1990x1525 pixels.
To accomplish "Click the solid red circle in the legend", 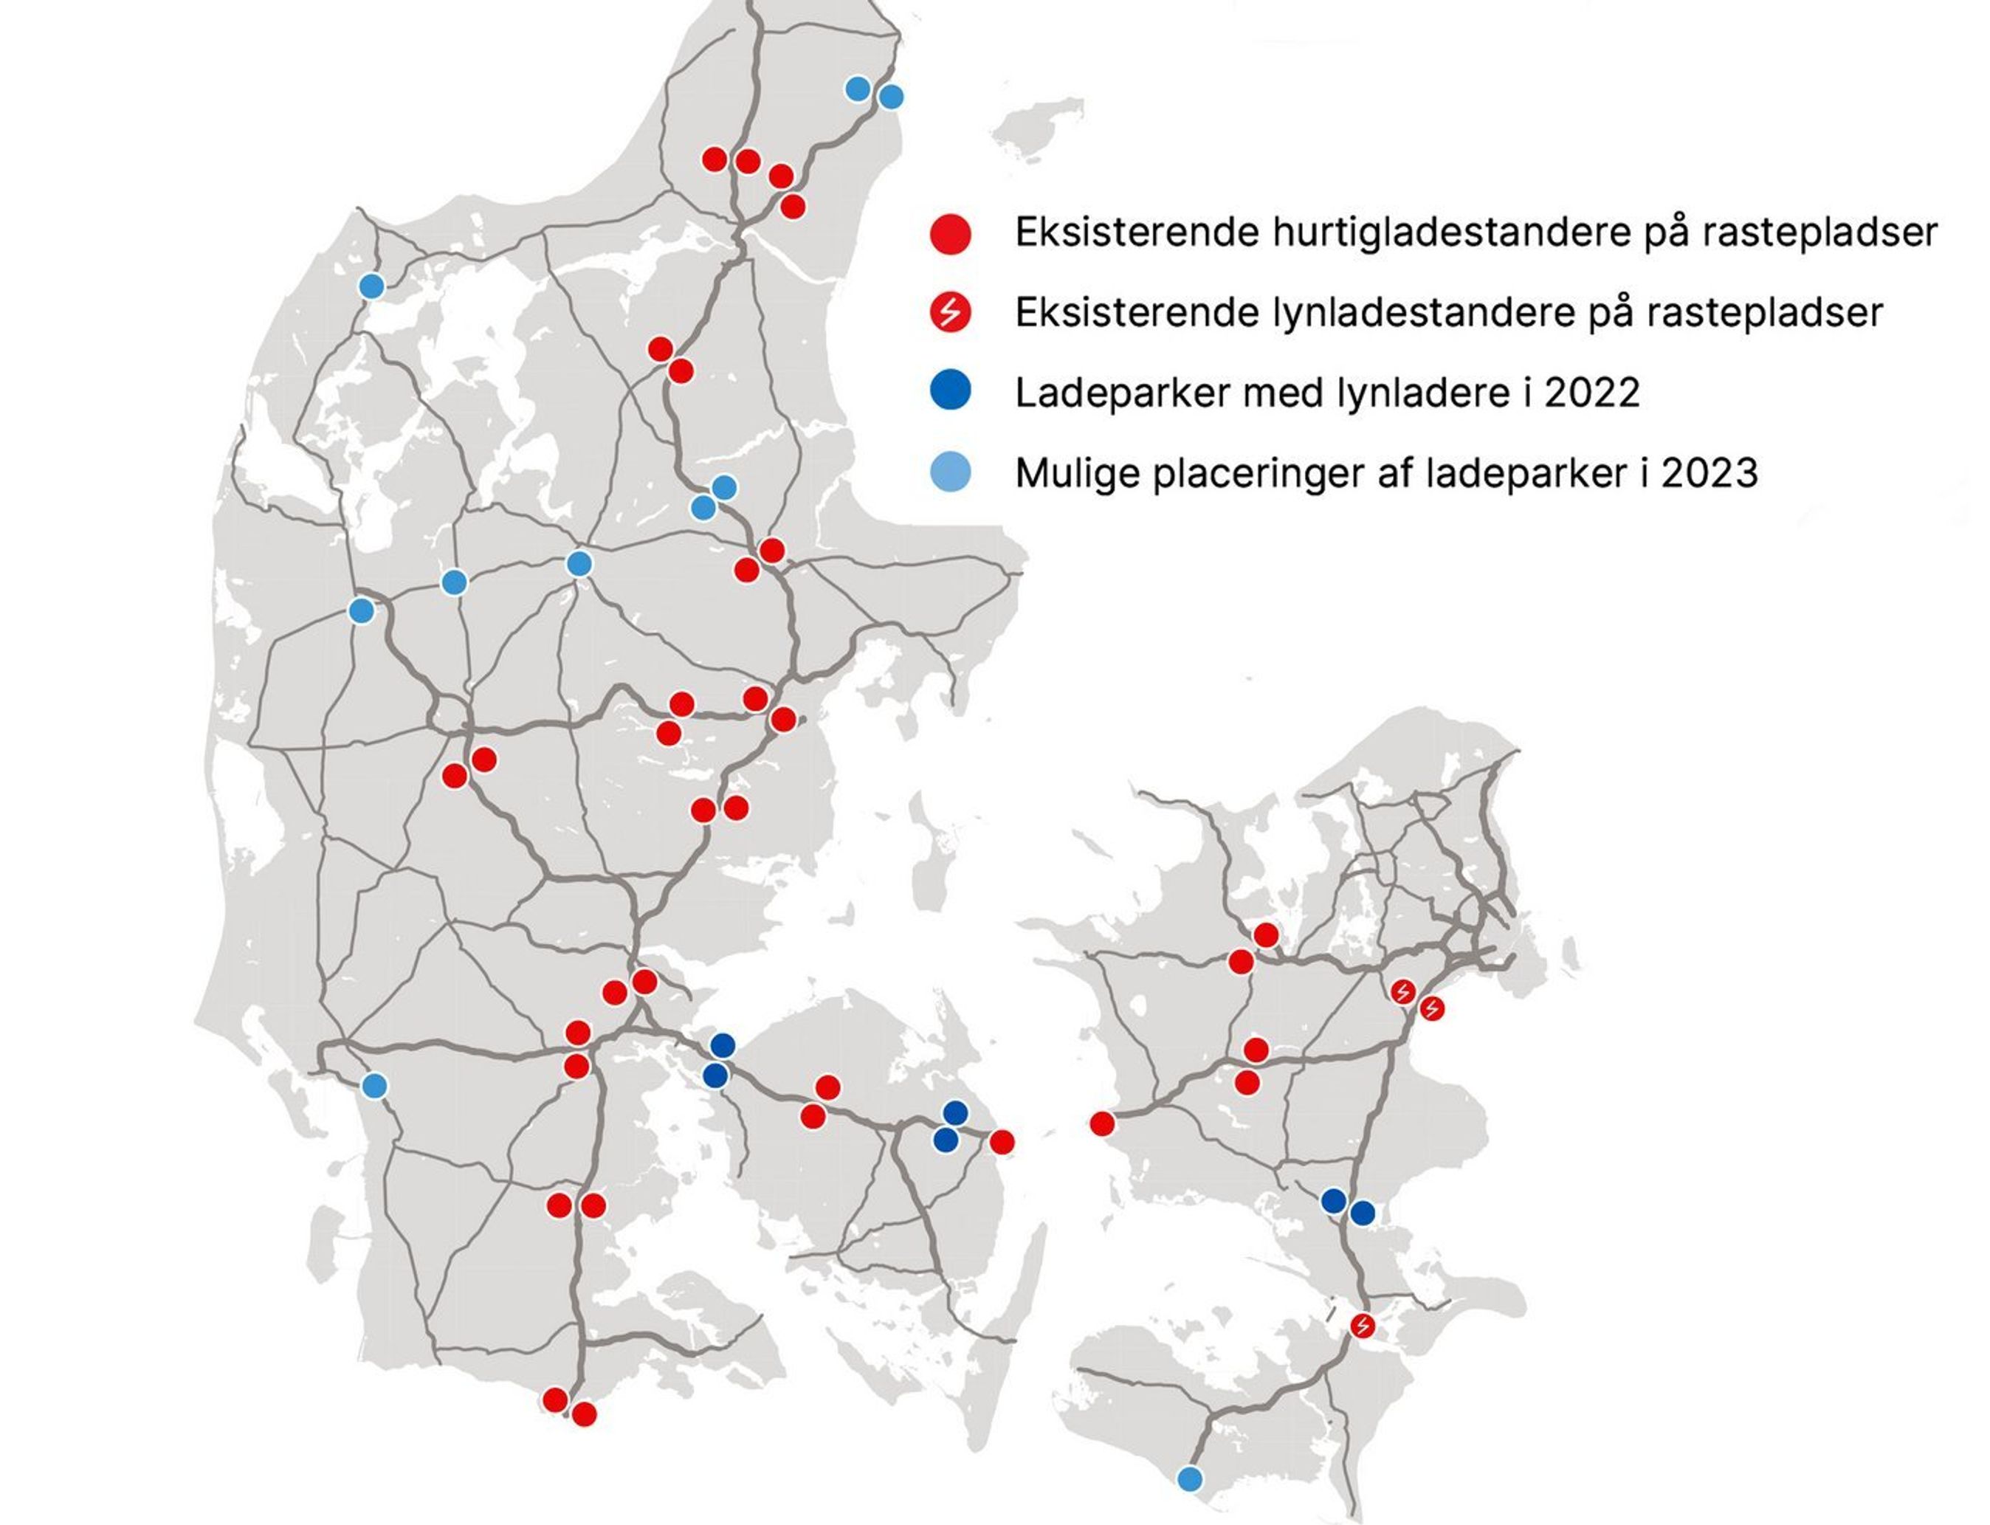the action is pos(951,233).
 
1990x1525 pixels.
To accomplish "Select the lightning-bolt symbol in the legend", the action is pos(951,313).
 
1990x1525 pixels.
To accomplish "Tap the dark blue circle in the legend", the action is pos(951,392).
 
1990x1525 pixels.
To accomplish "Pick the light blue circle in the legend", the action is pos(951,472).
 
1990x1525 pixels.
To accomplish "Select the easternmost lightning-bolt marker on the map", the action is pos(1432,1008).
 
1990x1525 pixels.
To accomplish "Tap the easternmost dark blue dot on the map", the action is pos(1362,1213).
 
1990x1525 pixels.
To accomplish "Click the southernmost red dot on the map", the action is pos(585,1414).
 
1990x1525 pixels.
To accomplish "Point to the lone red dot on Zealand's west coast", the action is pos(1102,1123).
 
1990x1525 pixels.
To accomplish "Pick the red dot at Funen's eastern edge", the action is pos(1002,1142).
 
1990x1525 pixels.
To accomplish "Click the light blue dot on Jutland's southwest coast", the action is pos(374,1086).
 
